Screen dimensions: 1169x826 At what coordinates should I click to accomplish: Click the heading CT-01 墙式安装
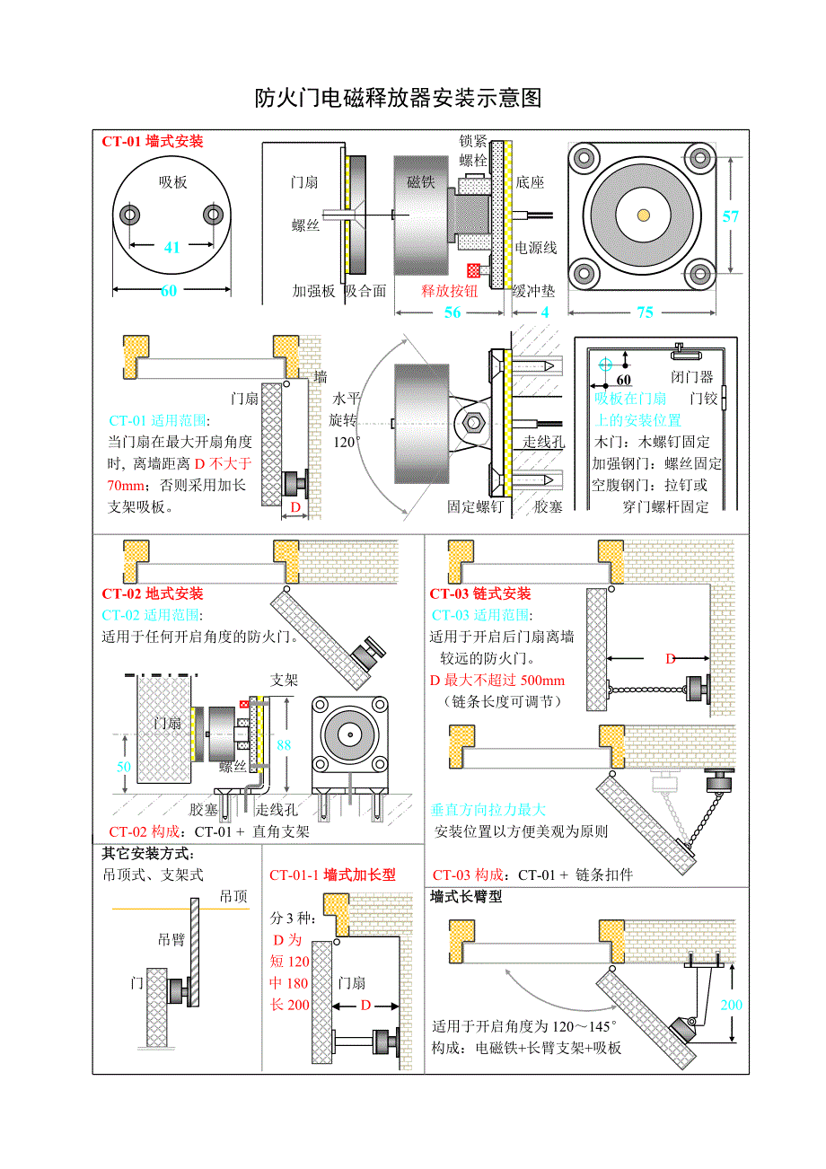pos(153,141)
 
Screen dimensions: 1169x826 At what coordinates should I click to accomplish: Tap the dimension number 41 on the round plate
pos(171,247)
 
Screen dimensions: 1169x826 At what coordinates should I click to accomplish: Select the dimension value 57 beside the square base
pos(731,216)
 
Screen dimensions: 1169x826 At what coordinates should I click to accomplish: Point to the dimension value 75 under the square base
pos(645,312)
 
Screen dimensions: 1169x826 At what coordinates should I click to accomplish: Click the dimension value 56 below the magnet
pos(453,312)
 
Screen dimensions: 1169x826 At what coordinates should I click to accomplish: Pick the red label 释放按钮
pos(450,290)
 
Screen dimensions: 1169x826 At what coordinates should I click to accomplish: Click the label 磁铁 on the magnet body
pos(420,182)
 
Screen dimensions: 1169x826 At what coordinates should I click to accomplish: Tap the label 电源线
pos(535,248)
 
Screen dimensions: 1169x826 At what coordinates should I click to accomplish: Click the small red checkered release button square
pos(473,269)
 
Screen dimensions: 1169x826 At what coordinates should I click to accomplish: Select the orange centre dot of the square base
pos(644,215)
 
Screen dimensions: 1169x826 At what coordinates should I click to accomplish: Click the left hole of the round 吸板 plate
pos(131,215)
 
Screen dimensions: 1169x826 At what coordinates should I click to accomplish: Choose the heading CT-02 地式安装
pos(153,593)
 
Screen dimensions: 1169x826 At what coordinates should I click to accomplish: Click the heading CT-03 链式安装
pos(480,593)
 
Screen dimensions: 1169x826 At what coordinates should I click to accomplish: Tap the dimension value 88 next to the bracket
pos(284,744)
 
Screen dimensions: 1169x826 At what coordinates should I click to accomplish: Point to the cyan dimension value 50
pos(124,767)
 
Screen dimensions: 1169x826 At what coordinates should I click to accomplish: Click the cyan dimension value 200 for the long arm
pos(731,1005)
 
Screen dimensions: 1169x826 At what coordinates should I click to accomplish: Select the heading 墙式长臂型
pos(466,896)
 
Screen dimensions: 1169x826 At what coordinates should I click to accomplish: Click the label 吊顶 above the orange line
pos(233,896)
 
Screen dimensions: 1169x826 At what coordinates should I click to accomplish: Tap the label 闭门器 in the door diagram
pos(691,376)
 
